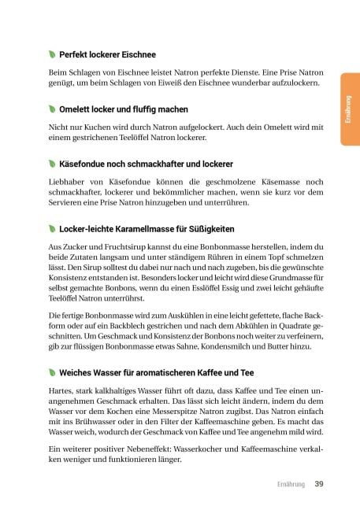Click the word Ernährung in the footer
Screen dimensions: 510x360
[290, 483]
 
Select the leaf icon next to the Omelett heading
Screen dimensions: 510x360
[52, 109]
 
